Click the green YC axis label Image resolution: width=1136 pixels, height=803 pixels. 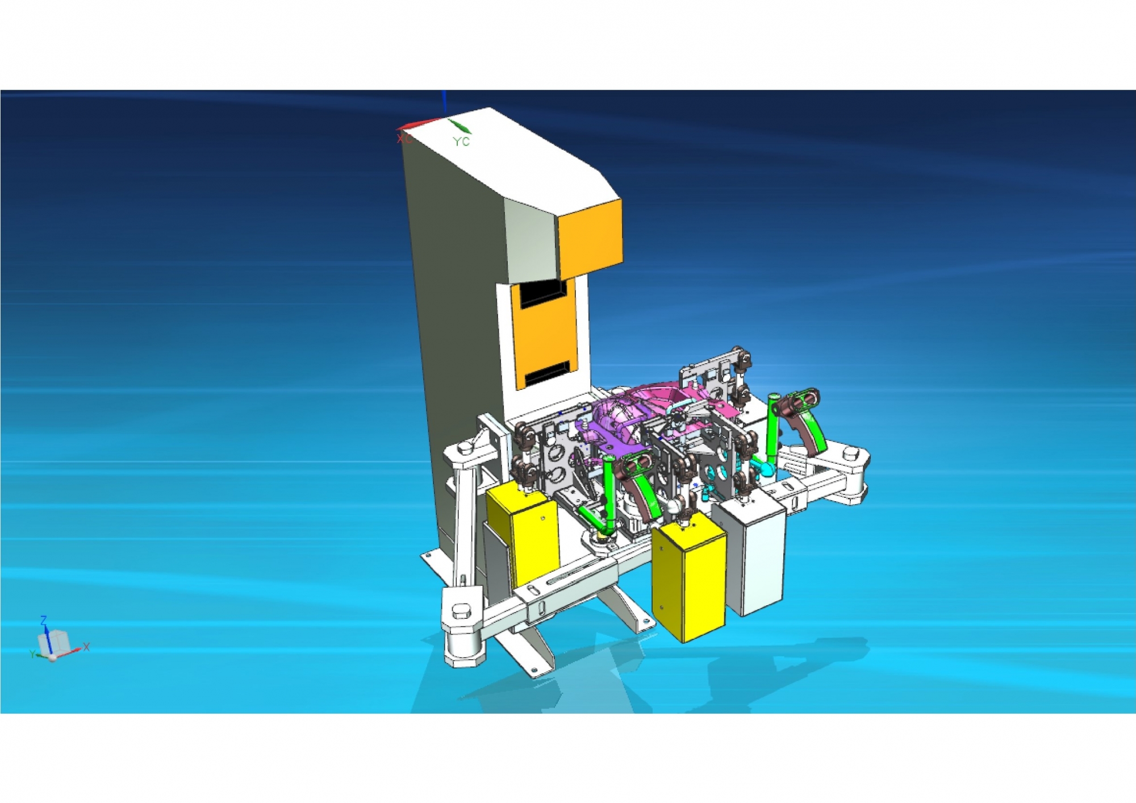[x=461, y=142]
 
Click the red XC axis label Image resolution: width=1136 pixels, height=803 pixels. [x=403, y=138]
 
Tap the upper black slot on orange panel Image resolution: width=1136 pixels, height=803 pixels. [x=542, y=293]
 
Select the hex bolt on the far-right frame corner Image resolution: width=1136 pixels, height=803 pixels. [x=850, y=453]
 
